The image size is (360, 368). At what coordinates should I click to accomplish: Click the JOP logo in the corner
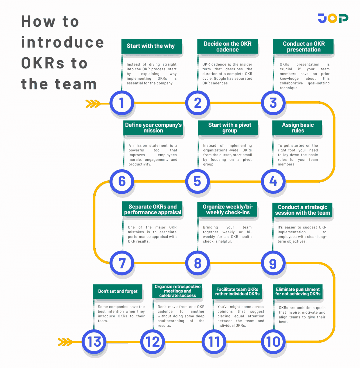click(333, 18)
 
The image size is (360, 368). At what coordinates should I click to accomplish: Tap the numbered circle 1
click(122, 103)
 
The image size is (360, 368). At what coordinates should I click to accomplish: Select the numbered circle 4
click(273, 181)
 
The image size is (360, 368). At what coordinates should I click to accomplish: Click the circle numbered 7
click(122, 263)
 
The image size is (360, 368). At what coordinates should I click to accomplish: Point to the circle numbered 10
click(273, 342)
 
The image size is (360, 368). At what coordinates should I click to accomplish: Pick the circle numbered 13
click(94, 342)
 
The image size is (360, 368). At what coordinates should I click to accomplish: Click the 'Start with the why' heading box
click(151, 46)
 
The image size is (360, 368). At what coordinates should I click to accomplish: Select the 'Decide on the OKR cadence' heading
click(227, 46)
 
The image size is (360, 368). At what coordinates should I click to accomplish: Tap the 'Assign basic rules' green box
click(298, 128)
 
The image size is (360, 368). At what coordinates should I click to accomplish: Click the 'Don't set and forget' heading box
click(118, 291)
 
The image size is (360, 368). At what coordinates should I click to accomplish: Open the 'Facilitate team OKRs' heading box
click(237, 291)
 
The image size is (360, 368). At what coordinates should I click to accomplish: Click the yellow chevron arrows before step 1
click(93, 104)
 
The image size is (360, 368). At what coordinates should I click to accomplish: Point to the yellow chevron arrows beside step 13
click(65, 342)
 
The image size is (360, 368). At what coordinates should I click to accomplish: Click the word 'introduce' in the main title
click(62, 42)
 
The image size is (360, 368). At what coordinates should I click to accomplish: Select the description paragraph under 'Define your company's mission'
click(153, 155)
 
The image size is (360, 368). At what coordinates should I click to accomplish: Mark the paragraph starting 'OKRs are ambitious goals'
click(302, 315)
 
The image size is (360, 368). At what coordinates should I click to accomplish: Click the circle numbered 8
click(197, 263)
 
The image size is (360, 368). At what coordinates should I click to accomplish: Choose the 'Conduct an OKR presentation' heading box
click(303, 46)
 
